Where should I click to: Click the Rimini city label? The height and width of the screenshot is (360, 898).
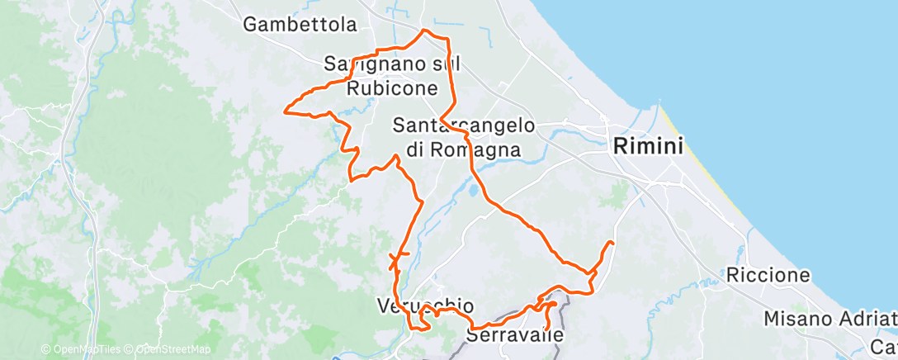tap(649, 147)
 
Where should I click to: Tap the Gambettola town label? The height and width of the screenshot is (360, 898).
tap(300, 25)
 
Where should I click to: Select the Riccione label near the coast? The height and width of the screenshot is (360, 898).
tap(768, 275)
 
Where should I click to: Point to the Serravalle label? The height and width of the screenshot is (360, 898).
tap(515, 336)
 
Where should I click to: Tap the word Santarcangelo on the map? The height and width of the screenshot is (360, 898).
tap(463, 126)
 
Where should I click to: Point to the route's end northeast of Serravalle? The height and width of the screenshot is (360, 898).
tap(612, 241)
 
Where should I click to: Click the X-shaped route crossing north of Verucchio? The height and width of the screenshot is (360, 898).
tap(396, 258)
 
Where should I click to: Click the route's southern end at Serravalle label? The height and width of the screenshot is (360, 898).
tap(544, 332)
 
